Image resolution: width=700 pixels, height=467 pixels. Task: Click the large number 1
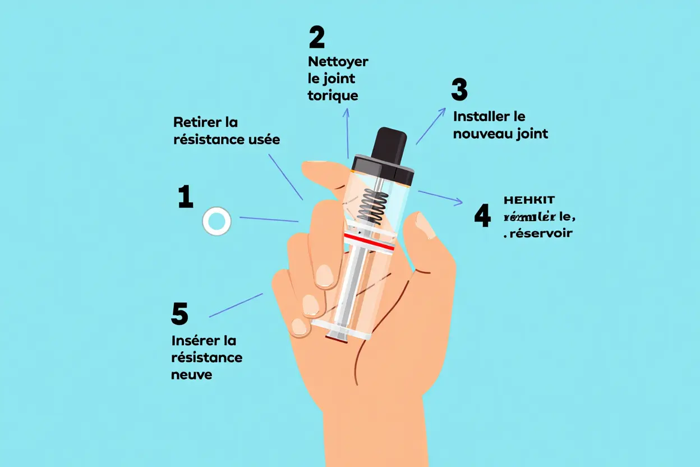point(185,197)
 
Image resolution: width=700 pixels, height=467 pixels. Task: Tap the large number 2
point(316,37)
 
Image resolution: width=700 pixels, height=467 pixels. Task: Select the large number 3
point(459,90)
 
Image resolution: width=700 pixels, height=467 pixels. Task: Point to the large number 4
point(482,216)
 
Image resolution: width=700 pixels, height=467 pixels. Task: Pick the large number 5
point(179,314)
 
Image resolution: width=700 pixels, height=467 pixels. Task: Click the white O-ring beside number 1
point(216,221)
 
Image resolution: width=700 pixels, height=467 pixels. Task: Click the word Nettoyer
point(338,61)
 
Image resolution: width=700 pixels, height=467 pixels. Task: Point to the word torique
point(333,95)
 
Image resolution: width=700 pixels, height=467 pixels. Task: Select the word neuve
point(192,374)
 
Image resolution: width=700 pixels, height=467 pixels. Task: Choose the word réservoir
point(540,233)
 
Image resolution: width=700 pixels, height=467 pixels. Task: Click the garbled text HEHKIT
point(529,200)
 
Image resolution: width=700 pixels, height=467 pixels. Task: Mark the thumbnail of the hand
point(425,225)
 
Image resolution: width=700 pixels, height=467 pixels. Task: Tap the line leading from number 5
point(236,305)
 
